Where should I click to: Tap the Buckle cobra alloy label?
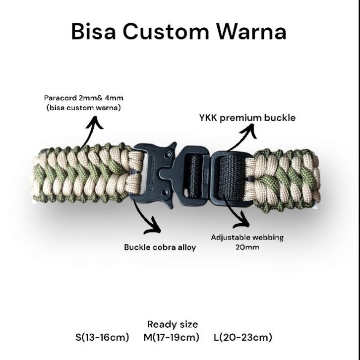[x=160, y=247]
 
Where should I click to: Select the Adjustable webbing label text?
[x=247, y=237]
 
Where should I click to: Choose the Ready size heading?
[x=172, y=325]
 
